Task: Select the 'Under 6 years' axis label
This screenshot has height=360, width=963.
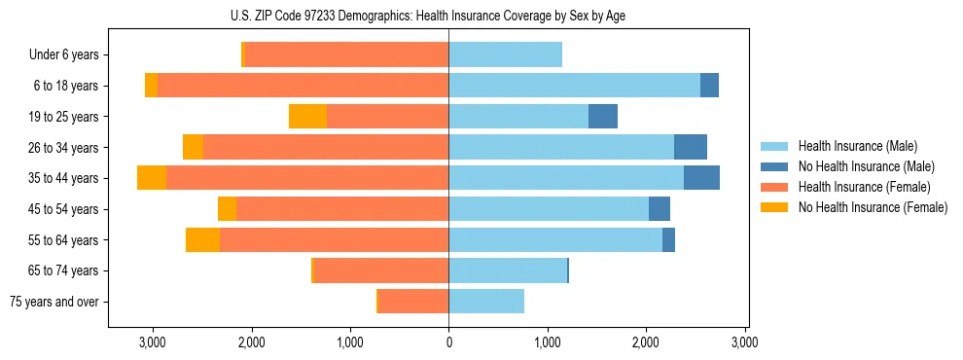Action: tap(69, 55)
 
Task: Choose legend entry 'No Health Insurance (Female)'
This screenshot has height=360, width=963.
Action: tap(873, 207)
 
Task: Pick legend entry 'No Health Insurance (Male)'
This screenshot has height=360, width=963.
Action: tap(866, 166)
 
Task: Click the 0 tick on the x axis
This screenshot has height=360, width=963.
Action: tap(448, 342)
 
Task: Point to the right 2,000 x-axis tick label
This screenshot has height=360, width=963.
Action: tap(646, 342)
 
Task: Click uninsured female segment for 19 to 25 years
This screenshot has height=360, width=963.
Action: tap(307, 117)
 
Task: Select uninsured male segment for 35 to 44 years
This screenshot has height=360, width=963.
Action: tap(701, 178)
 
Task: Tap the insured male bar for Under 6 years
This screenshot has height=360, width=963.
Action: tap(505, 55)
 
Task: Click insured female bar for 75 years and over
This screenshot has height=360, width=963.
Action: tap(413, 302)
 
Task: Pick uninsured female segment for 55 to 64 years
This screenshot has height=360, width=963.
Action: tap(202, 239)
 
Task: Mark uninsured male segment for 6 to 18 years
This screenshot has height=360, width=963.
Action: tap(709, 86)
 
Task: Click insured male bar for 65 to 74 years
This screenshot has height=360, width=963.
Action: tap(507, 270)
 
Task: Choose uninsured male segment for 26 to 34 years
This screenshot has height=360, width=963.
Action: tap(690, 147)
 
